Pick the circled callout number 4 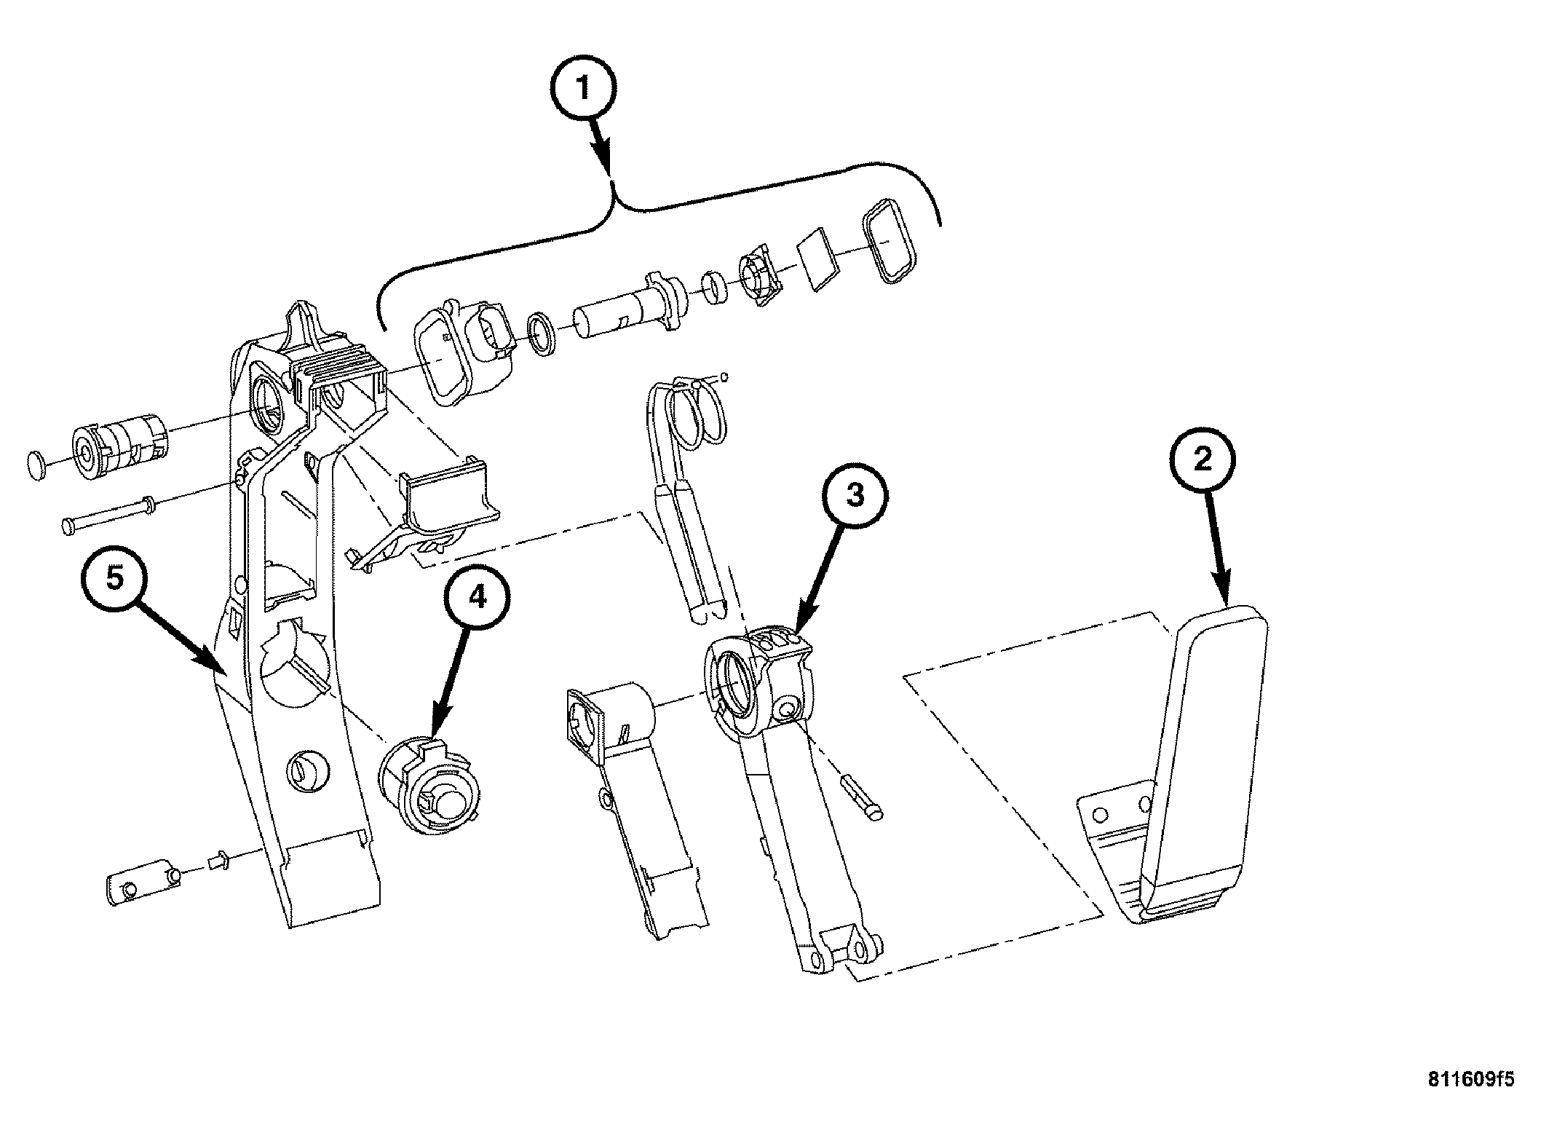477,598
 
